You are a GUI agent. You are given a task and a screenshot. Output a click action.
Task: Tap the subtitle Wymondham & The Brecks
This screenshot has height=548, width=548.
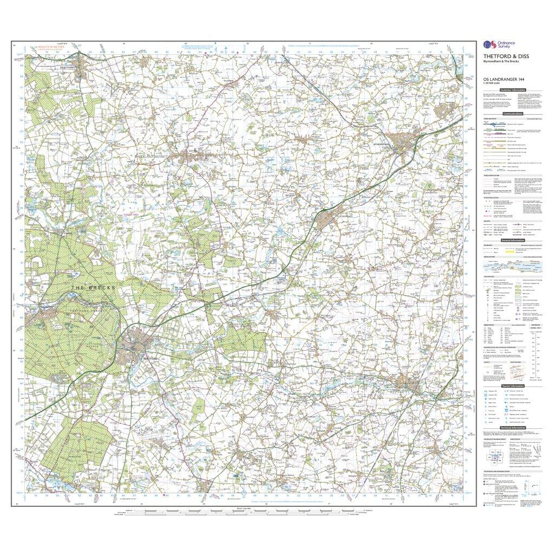pyautogui.click(x=499, y=61)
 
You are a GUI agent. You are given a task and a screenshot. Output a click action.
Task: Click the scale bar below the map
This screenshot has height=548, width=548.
pyautogui.click(x=241, y=511)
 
